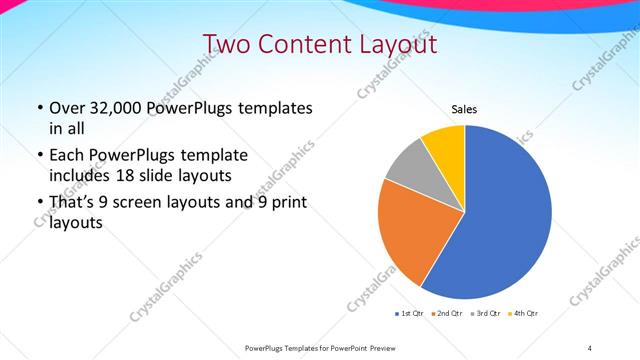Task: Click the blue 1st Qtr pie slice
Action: pyautogui.click(x=505, y=220)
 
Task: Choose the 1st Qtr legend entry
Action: pyautogui.click(x=412, y=314)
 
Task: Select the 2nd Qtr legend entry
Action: pyautogui.click(x=447, y=314)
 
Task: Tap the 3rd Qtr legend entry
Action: pyautogui.click(x=485, y=314)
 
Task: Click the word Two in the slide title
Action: pyautogui.click(x=225, y=44)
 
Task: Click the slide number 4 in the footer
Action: pyautogui.click(x=589, y=348)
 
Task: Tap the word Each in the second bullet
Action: pyautogui.click(x=67, y=155)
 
